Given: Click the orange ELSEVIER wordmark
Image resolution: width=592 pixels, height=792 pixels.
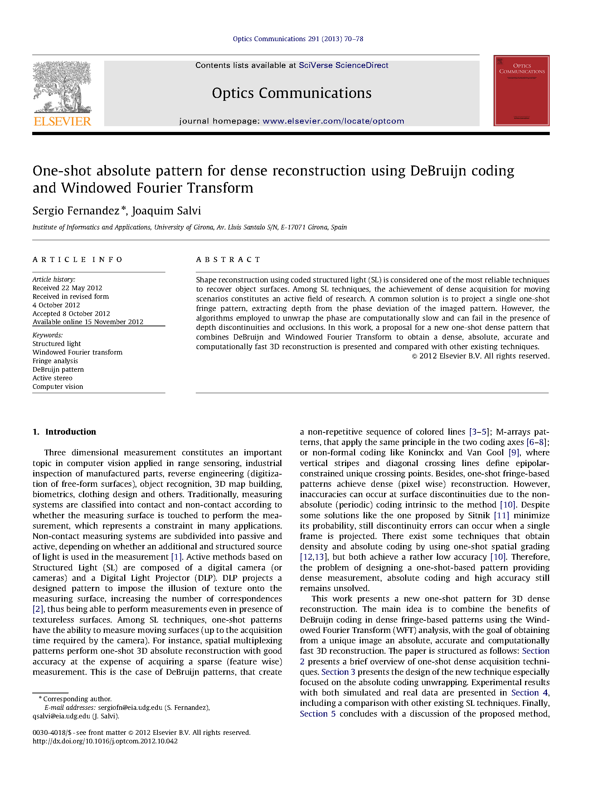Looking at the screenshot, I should tap(62, 121).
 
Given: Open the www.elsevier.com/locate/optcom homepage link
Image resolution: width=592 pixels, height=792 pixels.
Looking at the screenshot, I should tap(333, 121).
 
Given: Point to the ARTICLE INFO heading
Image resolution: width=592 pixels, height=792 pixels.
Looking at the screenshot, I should tap(77, 259).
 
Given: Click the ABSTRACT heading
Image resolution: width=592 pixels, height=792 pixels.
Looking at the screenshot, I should tap(228, 259).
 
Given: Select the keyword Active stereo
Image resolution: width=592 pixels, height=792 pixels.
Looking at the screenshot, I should tap(52, 378).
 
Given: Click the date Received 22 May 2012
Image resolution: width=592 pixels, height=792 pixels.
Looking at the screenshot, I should tap(67, 288).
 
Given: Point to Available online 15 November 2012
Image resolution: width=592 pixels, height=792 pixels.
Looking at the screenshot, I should tap(88, 322).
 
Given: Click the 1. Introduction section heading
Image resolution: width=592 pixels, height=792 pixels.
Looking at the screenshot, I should tap(64, 432).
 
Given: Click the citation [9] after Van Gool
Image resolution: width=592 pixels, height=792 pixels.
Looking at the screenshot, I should tap(514, 452).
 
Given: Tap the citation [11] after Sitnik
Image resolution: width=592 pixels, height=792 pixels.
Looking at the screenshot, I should tap(501, 515).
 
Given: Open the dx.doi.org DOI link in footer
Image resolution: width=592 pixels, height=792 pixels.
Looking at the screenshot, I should tap(105, 741).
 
